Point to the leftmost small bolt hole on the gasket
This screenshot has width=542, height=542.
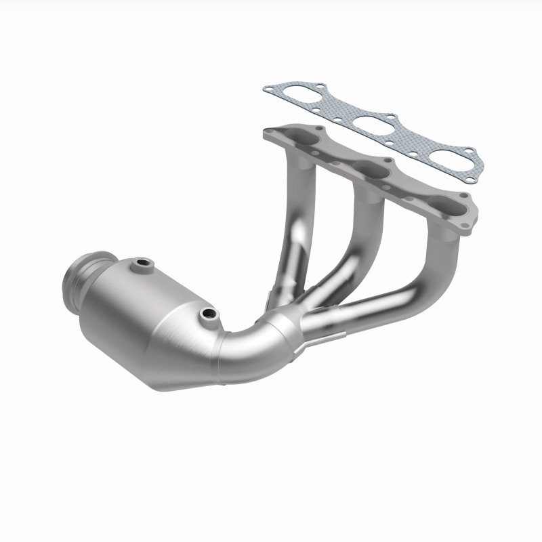(x=269, y=88)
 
